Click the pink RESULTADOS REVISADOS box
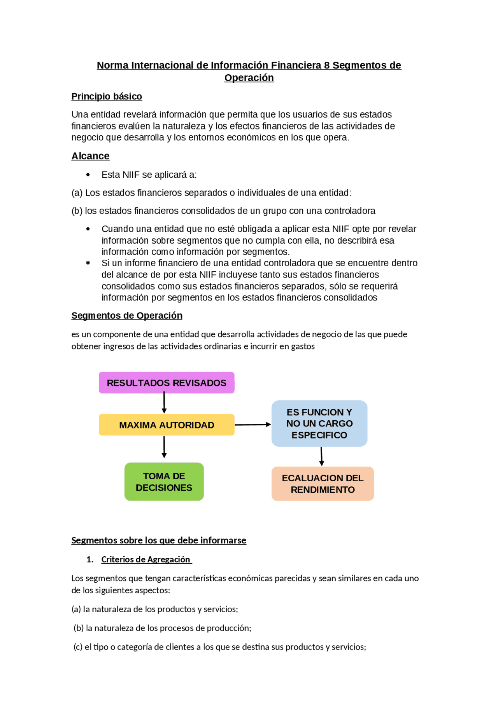coord(167,383)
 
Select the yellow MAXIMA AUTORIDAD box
coord(167,425)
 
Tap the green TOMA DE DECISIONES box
coord(164,482)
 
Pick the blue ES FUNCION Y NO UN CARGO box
coord(319,423)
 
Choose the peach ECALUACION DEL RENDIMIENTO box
coord(323,484)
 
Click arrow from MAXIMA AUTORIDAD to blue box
coord(253,424)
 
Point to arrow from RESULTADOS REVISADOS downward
coord(164,403)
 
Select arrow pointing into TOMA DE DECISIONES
coord(164,447)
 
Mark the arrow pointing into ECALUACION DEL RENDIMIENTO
coord(321,456)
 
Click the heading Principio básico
coord(107,96)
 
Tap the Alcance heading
coord(90,156)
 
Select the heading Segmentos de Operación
coord(127,315)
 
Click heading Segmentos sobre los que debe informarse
coord(159,540)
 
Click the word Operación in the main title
coord(249,78)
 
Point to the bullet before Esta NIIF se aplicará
coord(88,175)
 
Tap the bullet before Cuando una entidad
coord(88,229)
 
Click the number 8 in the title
coord(327,65)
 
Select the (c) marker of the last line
coord(78,647)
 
